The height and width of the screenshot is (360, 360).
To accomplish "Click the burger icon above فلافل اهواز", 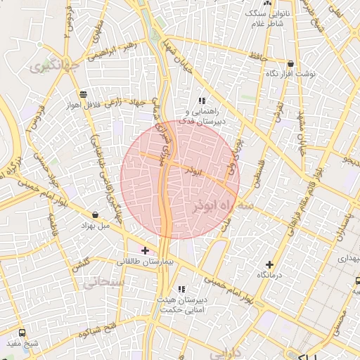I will tap(84, 94).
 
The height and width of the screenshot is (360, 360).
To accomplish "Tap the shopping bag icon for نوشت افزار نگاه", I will tap(291, 63).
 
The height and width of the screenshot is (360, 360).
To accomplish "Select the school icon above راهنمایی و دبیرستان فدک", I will tap(202, 101).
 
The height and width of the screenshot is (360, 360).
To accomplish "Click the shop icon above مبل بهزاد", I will tap(96, 214).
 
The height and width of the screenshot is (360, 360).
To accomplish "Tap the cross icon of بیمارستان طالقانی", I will tap(146, 250).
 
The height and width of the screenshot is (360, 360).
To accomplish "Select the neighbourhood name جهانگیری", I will tap(51, 67).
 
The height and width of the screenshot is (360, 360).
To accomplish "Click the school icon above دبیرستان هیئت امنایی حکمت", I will tap(181, 289).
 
